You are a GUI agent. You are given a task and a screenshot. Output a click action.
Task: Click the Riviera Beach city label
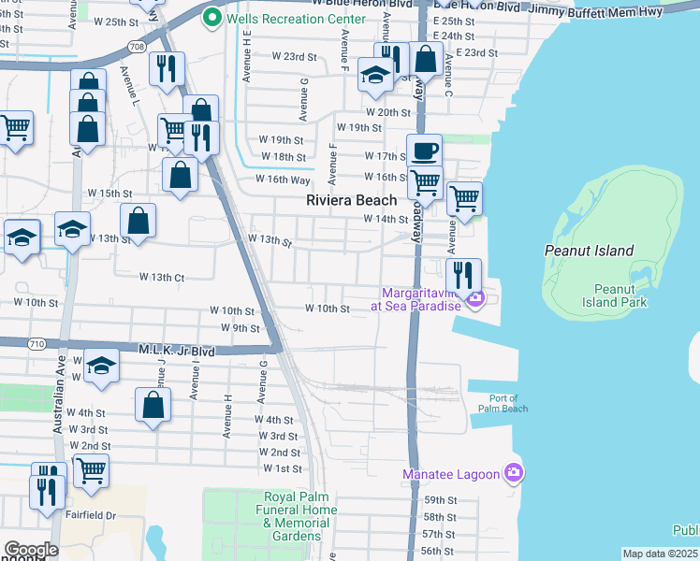352,200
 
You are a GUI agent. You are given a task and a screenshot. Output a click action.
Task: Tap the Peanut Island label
589,251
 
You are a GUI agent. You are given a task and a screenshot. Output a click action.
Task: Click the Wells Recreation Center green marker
212,16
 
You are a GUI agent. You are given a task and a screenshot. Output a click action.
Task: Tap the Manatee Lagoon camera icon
513,474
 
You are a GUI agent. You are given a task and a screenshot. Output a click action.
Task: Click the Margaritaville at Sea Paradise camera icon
476,299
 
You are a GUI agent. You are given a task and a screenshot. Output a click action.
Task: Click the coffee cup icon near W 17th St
424,150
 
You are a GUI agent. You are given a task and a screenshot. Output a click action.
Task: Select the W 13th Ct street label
162,277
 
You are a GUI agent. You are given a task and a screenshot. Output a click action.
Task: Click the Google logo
31,550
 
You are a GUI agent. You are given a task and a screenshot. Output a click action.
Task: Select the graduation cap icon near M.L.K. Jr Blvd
101,365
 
